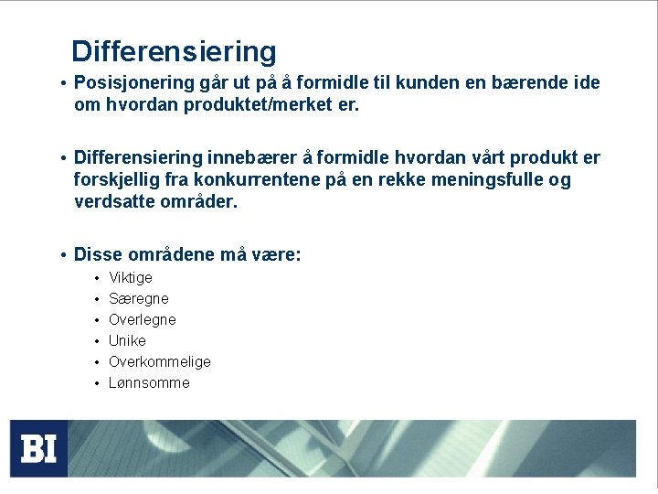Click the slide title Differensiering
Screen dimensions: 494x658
tap(174, 51)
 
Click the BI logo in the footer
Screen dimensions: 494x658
tap(39, 448)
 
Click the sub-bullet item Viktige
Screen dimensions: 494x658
tap(131, 278)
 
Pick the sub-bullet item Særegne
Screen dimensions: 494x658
tap(139, 299)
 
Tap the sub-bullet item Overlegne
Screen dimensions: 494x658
tap(143, 320)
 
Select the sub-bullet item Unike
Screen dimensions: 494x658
tap(127, 341)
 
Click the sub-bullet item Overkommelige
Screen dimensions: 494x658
tap(160, 362)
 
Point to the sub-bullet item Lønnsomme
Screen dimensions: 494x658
tap(149, 383)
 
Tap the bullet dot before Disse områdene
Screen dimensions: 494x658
tap(61, 255)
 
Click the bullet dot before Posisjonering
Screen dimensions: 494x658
tap(61, 84)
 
